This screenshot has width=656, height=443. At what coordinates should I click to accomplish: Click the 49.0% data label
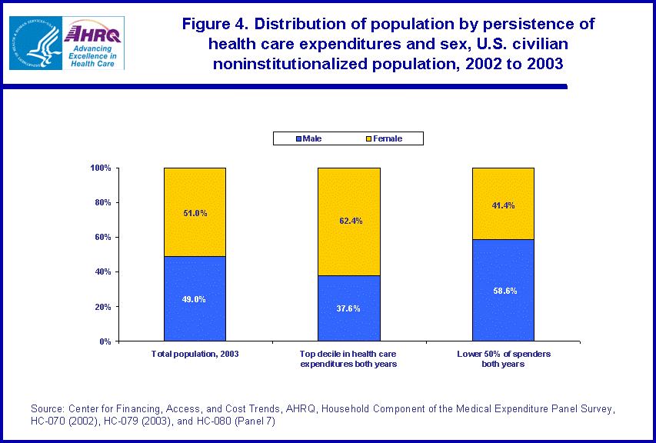195,300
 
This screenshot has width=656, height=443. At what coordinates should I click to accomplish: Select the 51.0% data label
195,213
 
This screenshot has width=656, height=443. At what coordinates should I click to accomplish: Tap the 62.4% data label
349,221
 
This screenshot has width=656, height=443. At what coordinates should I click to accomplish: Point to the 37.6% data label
349,308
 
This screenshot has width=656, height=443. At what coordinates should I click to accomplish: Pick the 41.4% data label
503,205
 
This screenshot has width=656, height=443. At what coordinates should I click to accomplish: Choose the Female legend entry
384,138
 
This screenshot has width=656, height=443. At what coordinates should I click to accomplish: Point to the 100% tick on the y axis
101,168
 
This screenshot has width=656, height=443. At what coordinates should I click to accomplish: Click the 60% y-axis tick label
103,237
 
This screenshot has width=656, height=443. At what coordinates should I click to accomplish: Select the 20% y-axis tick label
103,306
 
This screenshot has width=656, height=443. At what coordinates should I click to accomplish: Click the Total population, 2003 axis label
195,354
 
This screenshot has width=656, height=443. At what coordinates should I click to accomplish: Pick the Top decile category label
348,358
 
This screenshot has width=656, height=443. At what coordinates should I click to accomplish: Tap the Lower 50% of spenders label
503,358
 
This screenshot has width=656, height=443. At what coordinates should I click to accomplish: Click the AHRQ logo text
93,34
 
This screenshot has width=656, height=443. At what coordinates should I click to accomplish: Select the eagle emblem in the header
34,42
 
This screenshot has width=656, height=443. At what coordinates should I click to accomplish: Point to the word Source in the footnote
47,408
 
